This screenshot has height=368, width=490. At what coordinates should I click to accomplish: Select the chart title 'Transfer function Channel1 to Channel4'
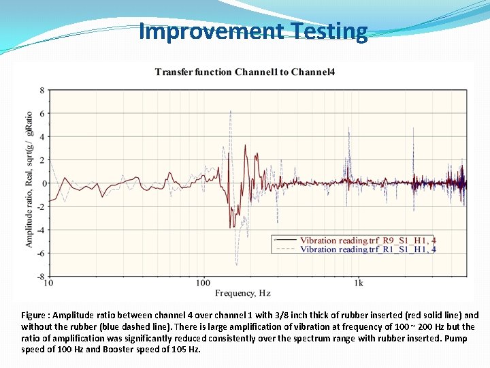tap(244, 72)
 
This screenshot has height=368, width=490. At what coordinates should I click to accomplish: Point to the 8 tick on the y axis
tap(42, 90)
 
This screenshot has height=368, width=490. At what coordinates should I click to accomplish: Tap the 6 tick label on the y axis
tap(42, 114)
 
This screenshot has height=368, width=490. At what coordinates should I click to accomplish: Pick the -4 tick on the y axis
tap(41, 230)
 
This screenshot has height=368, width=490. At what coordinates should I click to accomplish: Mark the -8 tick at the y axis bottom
tap(41, 277)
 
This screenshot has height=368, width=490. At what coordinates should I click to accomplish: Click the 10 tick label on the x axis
tap(49, 282)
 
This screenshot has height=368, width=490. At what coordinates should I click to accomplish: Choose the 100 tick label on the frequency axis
tap(203, 282)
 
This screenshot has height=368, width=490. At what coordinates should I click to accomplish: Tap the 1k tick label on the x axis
tap(359, 282)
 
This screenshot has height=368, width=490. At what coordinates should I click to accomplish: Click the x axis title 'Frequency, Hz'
tap(243, 293)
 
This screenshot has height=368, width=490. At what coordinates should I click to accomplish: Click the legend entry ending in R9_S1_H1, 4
tap(368, 241)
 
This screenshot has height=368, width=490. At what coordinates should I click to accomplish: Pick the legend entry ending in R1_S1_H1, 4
tap(368, 249)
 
